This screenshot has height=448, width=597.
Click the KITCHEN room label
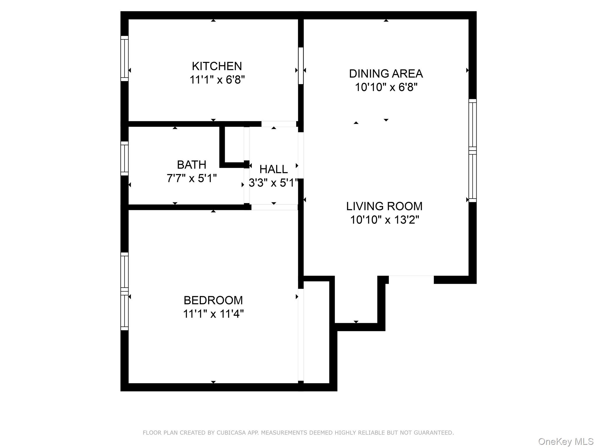[x=217, y=66]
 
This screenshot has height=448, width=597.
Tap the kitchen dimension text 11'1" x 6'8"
[x=217, y=80]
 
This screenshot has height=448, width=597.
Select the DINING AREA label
[x=386, y=73]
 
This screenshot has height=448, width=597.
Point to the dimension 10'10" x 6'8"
[x=386, y=87]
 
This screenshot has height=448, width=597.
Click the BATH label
[x=192, y=165]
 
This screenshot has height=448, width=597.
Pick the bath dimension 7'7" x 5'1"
[x=192, y=178]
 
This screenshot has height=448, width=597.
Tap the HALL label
[x=273, y=169]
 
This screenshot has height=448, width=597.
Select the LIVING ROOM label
[x=384, y=206]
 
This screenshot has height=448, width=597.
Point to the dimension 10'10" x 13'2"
[x=384, y=220]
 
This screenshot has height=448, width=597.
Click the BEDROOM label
[x=213, y=300]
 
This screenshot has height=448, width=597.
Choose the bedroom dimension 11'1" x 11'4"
[x=213, y=314]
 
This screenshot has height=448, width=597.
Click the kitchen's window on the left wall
[x=124, y=58]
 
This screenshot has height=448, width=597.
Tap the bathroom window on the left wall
[x=124, y=158]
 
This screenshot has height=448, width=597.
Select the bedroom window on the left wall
[x=124, y=291]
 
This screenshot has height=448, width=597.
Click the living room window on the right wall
[x=473, y=150]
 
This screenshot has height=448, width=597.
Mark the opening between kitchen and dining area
[x=301, y=66]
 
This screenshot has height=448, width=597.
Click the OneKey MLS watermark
[x=566, y=441]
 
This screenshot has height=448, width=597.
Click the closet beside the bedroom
[x=317, y=332]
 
